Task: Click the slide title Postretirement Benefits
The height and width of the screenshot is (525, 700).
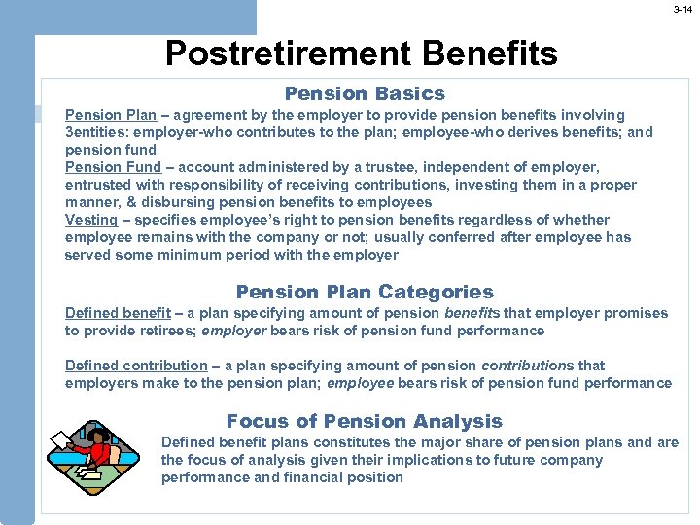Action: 362,53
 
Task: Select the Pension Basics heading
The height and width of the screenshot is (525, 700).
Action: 365,94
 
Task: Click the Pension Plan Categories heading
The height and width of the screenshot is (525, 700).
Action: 365,292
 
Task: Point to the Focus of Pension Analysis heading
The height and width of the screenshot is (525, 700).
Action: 365,421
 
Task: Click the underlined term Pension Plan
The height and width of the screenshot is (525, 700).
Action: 111,115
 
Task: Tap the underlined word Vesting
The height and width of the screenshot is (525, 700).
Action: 91,220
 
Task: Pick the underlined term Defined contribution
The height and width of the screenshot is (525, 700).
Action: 136,366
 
